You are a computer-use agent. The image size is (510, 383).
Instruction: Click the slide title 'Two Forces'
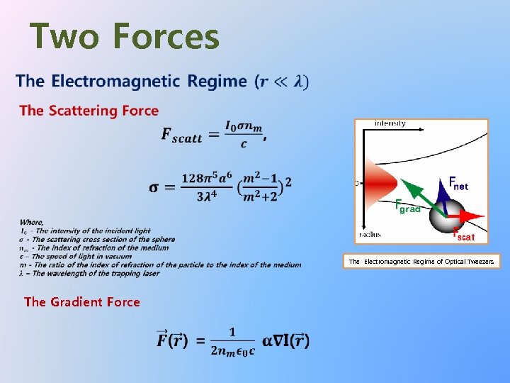click(x=125, y=37)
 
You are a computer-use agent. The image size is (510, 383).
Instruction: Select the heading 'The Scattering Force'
click(x=89, y=111)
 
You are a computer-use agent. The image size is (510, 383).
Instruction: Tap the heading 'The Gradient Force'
click(x=82, y=302)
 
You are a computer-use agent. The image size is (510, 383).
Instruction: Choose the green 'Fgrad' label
click(x=407, y=205)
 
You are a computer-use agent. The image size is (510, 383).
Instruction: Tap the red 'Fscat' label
click(x=464, y=236)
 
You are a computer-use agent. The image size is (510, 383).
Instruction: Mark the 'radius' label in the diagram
click(x=369, y=234)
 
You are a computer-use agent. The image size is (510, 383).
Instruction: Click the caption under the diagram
click(x=421, y=262)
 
